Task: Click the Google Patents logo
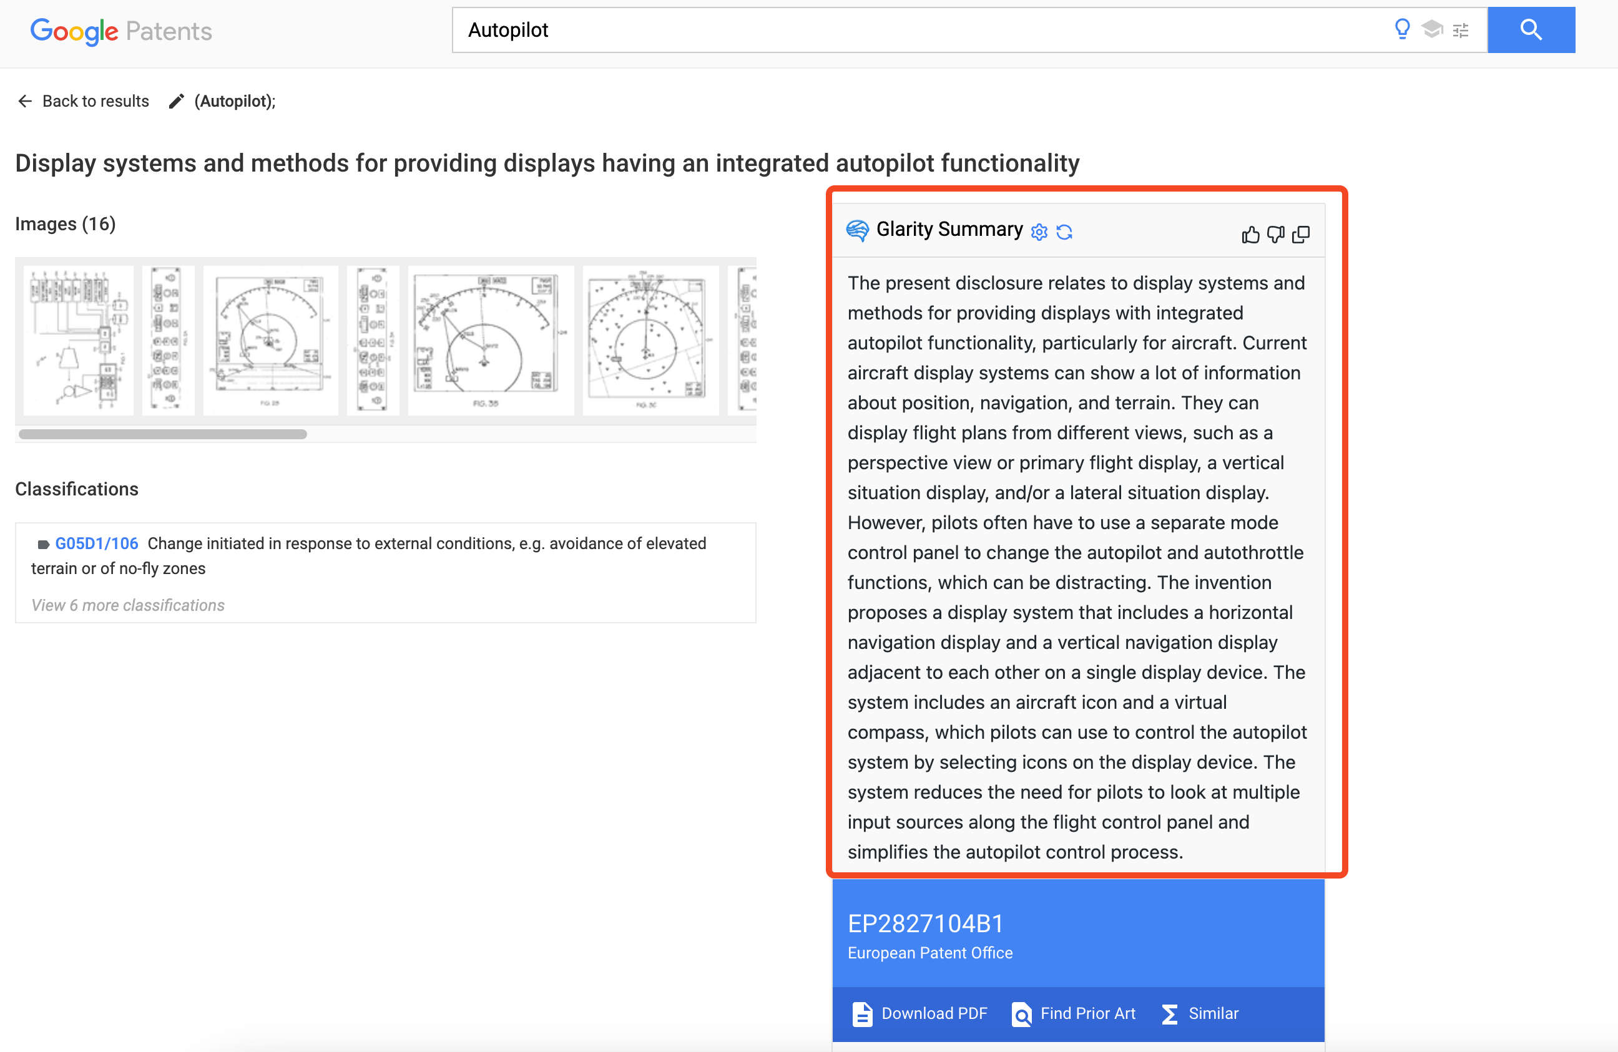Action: tap(121, 31)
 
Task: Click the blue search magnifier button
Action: tap(1531, 30)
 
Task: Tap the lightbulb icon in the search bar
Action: tap(1402, 29)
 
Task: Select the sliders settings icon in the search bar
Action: tap(1460, 31)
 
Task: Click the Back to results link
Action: tap(84, 101)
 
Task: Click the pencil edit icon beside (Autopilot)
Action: tap(177, 101)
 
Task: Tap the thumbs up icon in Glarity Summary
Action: tap(1250, 235)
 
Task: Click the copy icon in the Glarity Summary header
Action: tap(1300, 235)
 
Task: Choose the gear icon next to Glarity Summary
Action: tap(1039, 232)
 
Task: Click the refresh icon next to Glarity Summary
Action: tap(1064, 232)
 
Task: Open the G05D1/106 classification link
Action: tap(97, 543)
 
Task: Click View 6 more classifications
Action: tap(128, 605)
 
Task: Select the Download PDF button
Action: tap(920, 1013)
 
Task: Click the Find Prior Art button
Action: tap(1074, 1013)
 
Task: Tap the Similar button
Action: tap(1200, 1013)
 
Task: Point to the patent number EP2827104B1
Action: tap(925, 923)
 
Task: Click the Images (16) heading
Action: tap(66, 223)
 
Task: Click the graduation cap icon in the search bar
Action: tap(1432, 29)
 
